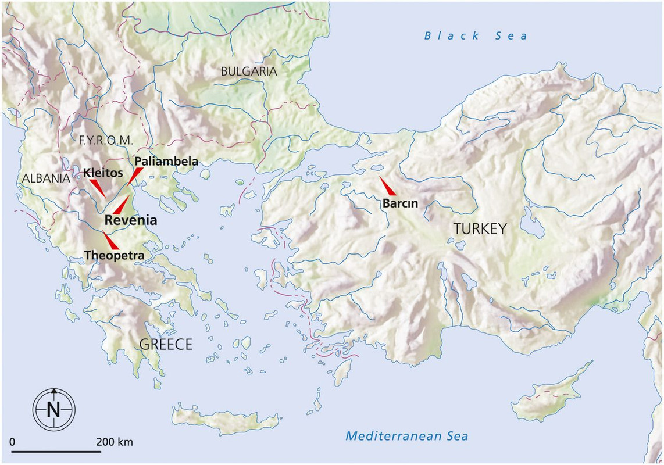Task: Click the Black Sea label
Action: [476, 36]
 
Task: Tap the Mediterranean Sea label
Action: [406, 435]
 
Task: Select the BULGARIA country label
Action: [248, 71]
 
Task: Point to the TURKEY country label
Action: [480, 229]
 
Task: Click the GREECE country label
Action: [166, 344]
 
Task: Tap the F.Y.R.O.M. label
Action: [105, 140]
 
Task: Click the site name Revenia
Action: [131, 220]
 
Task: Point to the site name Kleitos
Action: [103, 173]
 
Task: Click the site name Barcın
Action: [400, 203]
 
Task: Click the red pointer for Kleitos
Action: [98, 188]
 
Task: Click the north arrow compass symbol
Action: [53, 408]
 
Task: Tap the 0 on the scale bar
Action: [13, 442]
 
